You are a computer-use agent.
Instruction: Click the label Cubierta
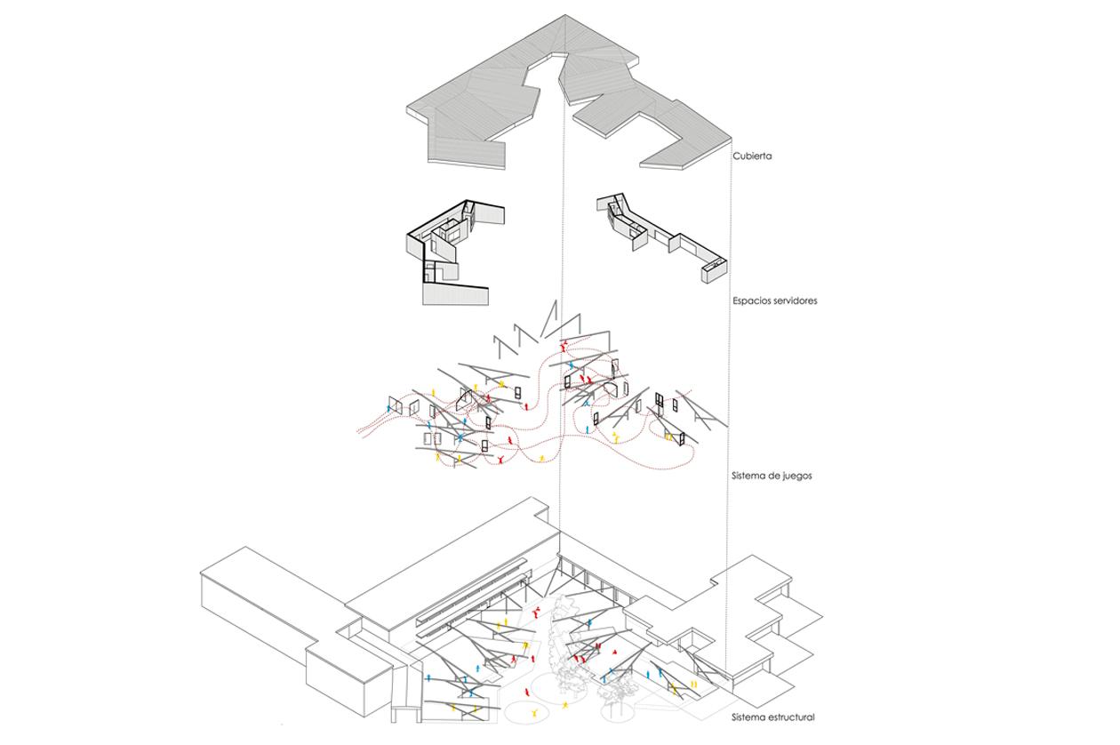coord(752,156)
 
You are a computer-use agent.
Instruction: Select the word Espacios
coord(753,300)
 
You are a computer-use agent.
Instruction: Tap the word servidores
coord(796,300)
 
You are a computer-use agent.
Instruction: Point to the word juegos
coord(796,476)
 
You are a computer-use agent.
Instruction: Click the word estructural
coord(790,717)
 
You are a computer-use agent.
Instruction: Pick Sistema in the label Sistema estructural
coord(750,717)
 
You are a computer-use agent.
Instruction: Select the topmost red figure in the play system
coord(563,342)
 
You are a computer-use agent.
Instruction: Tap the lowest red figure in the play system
coord(503,461)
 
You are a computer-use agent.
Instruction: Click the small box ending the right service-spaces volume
coord(715,268)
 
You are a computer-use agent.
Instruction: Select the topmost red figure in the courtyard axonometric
coord(538,611)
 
